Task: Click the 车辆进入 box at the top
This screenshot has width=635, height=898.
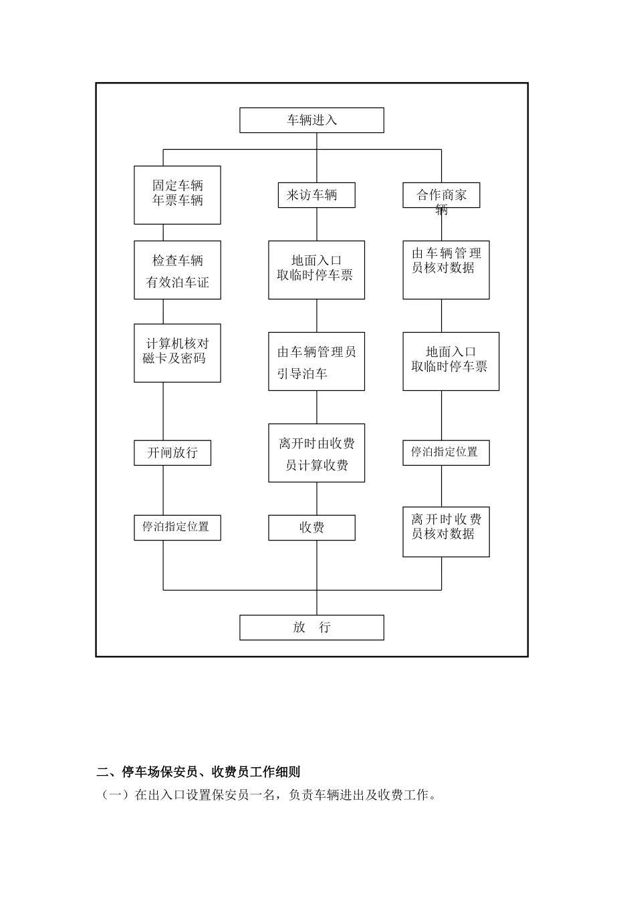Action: [311, 120]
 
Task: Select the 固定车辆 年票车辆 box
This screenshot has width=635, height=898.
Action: [177, 194]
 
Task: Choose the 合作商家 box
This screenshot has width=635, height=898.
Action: [441, 195]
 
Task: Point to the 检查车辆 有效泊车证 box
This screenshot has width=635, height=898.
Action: [177, 270]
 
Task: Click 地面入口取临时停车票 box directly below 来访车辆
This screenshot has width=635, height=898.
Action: [316, 270]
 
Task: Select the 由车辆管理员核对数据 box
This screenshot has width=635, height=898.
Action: [446, 270]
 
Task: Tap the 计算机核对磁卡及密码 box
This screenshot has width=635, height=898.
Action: [177, 353]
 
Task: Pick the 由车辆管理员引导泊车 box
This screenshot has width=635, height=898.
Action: [316, 361]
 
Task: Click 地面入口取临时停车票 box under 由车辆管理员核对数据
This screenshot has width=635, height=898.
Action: [451, 361]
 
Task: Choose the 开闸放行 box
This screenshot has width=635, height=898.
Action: [172, 453]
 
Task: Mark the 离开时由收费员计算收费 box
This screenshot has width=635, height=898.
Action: [316, 453]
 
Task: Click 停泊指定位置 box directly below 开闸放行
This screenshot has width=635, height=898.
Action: [177, 527]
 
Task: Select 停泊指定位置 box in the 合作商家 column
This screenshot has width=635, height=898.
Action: [445, 452]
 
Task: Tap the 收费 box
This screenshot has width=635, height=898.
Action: [311, 528]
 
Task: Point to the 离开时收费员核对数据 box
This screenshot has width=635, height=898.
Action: [446, 532]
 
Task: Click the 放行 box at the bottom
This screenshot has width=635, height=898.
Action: [311, 627]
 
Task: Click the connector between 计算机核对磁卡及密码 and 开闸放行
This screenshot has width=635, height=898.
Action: [164, 412]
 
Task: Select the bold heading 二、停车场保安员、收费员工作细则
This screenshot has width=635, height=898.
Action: [198, 772]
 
